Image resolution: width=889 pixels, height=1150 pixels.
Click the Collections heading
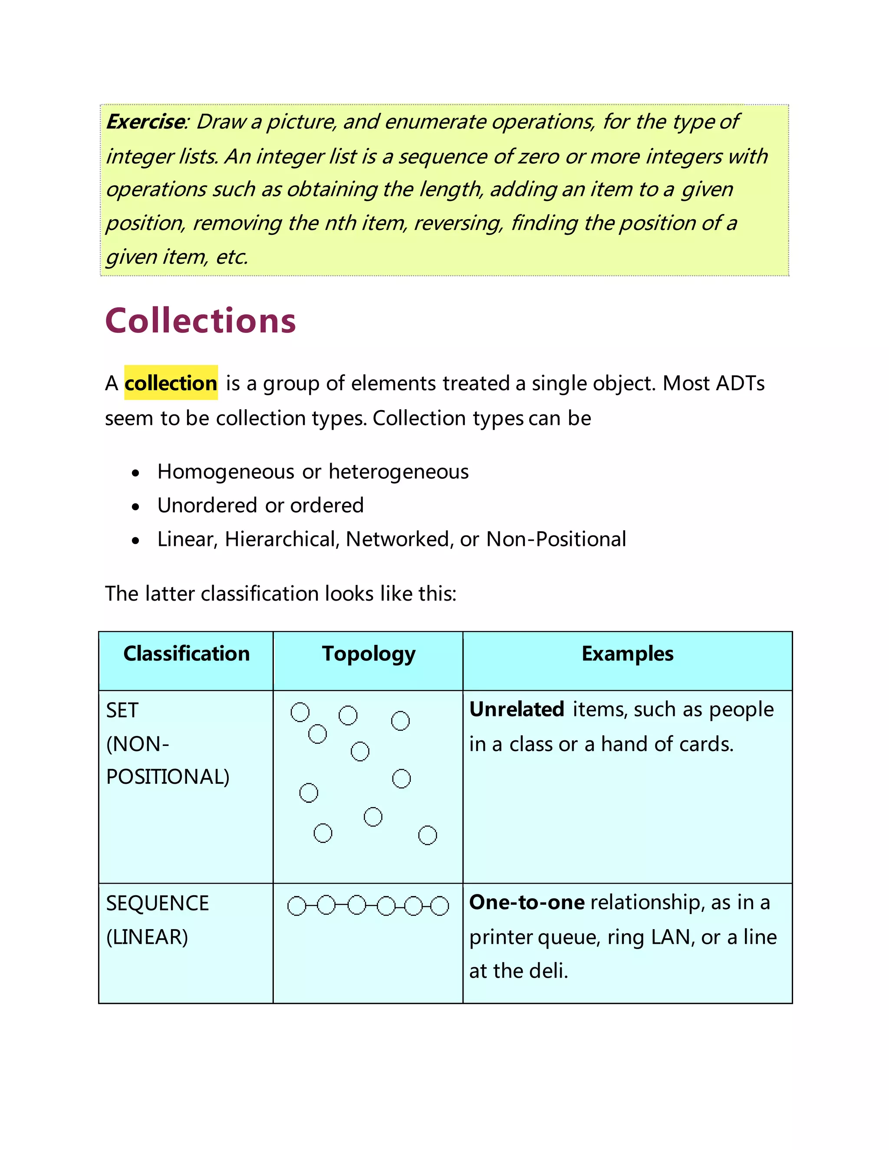pos(200,321)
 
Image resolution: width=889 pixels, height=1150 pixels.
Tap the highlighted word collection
pos(171,383)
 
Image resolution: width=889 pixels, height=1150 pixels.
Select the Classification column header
pos(186,654)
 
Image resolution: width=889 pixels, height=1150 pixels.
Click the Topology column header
pos(369,654)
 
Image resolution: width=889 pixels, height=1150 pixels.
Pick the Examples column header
pos(627,654)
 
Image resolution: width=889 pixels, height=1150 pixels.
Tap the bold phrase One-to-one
pos(527,903)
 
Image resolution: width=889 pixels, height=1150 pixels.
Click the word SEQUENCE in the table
pos(158,904)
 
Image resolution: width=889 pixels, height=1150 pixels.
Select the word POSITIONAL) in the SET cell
pos(168,777)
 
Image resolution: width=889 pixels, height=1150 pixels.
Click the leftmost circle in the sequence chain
pos(296,906)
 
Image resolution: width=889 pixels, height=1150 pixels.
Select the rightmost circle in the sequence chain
pos(440,906)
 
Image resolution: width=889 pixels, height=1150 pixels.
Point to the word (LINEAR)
pos(147,937)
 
